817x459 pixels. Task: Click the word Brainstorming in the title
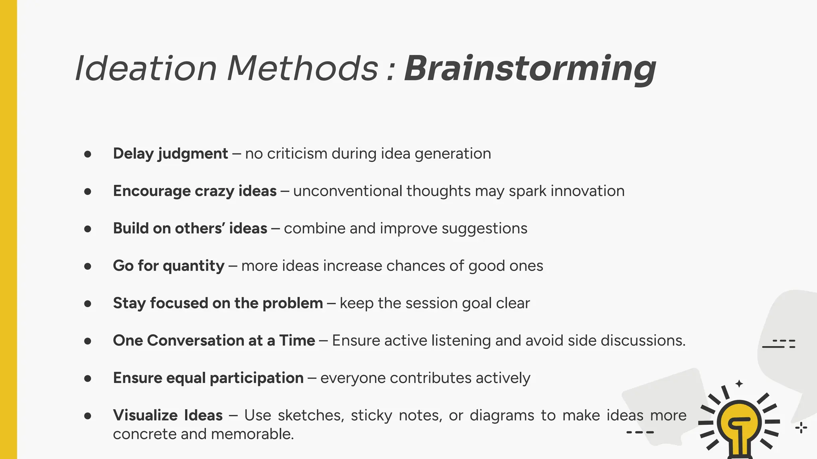tap(530, 69)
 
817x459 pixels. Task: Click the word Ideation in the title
tap(146, 69)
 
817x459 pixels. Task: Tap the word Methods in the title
tap(302, 69)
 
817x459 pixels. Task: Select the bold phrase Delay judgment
tap(170, 154)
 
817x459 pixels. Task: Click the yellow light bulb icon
tap(739, 426)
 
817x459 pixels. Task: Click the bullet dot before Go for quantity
tap(88, 266)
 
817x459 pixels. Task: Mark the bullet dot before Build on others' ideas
tap(88, 229)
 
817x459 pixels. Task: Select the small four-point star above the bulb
tap(739, 384)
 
